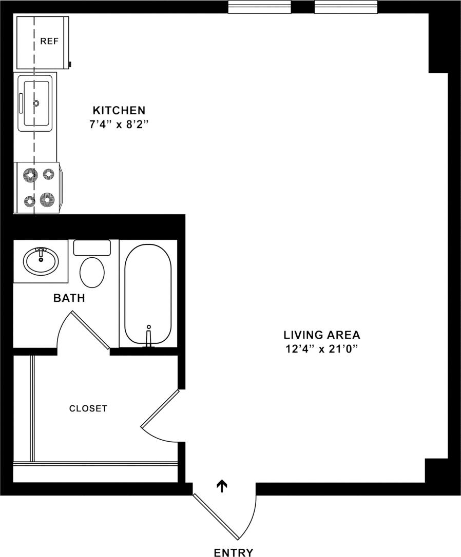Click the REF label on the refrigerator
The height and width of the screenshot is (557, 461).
(49, 42)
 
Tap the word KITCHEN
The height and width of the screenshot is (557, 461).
(119, 110)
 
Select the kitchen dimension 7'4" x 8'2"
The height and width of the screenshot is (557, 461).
(119, 124)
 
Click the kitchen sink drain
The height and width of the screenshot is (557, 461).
(36, 103)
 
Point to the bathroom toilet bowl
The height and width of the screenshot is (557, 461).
(92, 272)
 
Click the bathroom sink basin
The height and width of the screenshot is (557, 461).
(41, 260)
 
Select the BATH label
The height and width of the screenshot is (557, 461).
(69, 298)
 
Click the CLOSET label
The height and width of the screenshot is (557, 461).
(88, 408)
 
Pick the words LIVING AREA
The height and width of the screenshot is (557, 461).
(322, 335)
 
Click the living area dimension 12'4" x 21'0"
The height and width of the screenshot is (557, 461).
(322, 349)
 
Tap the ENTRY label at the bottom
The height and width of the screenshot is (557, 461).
(234, 552)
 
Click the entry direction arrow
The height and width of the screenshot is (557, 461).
(222, 486)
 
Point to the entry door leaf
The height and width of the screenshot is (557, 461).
(216, 517)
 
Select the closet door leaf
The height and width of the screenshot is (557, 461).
(160, 408)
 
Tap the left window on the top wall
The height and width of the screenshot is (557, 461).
(259, 7)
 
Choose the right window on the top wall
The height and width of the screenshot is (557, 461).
(345, 7)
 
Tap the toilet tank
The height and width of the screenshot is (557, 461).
(92, 248)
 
